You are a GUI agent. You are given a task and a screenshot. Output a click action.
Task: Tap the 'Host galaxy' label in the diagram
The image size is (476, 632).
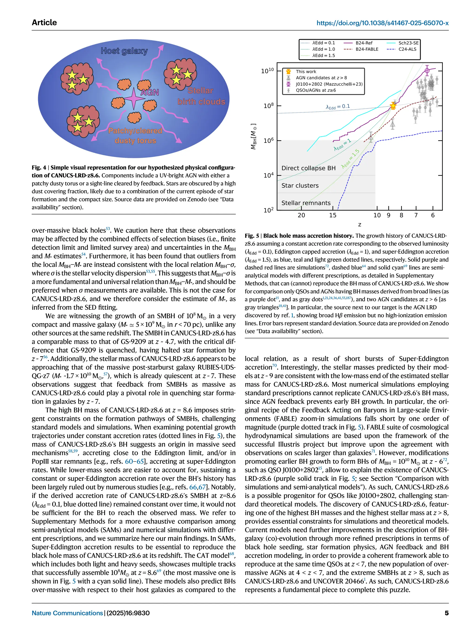click(124, 51)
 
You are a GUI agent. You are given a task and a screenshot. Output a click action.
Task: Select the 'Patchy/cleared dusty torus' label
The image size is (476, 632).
click(135, 136)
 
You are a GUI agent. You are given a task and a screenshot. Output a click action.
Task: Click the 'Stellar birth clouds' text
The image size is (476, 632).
click(201, 96)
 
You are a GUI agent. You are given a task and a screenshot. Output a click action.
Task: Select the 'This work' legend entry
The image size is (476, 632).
click(306, 72)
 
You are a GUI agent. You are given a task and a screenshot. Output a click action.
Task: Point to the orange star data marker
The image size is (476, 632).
click(393, 106)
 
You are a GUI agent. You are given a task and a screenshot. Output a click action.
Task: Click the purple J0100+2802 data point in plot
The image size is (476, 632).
click(427, 70)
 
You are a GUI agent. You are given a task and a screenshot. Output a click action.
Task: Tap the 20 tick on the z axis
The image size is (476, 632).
click(301, 215)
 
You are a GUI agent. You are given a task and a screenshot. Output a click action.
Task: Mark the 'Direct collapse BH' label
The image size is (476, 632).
click(308, 168)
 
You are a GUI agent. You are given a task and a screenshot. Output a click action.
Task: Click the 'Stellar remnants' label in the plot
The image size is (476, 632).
click(306, 203)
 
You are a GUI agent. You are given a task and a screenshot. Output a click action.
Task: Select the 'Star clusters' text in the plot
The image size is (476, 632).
click(300, 185)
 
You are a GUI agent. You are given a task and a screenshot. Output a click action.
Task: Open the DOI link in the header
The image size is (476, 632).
click(382, 23)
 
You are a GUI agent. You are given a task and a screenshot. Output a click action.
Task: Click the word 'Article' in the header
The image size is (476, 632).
click(44, 22)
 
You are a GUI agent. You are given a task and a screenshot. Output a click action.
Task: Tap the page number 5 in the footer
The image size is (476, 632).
click(446, 613)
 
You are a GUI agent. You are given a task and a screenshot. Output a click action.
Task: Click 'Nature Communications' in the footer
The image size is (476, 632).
click(67, 613)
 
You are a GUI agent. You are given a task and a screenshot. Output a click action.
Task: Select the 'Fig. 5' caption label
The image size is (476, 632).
click(251, 236)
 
